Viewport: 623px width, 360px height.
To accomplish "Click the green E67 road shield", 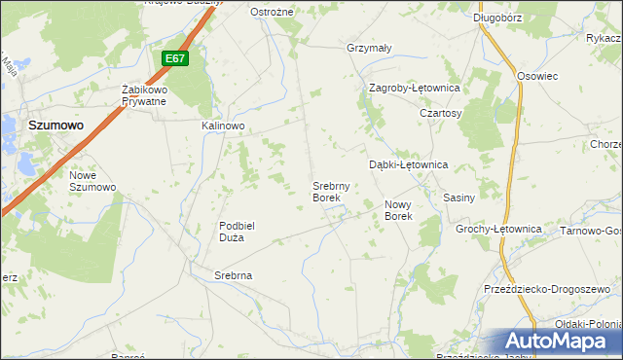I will [174, 59].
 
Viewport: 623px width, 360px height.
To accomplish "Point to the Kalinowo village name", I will [223, 126].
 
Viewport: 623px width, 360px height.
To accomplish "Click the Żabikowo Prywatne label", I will [145, 95].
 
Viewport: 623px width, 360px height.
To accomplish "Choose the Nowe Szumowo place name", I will [92, 181].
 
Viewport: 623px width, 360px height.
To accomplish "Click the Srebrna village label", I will [234, 275].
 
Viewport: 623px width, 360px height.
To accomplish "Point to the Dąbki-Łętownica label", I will [408, 165].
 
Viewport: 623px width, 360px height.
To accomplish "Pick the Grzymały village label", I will [369, 48].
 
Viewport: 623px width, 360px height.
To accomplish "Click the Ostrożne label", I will [272, 12].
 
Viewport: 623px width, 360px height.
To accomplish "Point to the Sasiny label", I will [458, 198].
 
